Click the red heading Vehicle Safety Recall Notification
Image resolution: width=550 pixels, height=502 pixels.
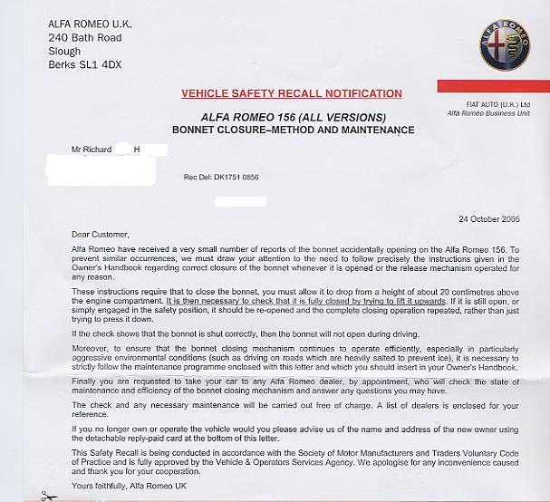[292, 93]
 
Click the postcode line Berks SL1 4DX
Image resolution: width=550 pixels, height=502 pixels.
[84, 65]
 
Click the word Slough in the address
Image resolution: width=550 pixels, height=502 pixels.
[64, 52]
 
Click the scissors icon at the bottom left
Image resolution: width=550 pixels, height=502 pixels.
[48, 495]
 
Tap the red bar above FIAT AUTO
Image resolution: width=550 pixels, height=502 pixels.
[493, 85]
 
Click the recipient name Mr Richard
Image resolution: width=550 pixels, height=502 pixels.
[92, 149]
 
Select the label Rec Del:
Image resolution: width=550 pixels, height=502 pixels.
[196, 178]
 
